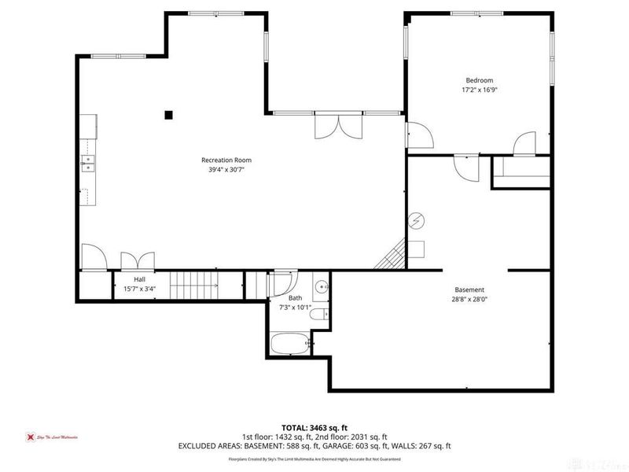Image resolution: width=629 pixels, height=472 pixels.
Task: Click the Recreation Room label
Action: (x=230, y=160)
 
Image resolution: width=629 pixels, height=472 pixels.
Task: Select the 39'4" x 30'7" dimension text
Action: (x=230, y=170)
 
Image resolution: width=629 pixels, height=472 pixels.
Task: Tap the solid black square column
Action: (x=168, y=115)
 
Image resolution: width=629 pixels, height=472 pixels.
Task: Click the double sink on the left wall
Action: (x=87, y=164)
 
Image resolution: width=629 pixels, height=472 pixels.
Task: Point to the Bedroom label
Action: (x=479, y=80)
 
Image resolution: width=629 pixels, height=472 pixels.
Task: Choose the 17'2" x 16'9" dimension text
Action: (x=479, y=90)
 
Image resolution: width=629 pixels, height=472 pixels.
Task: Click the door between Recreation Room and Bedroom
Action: (x=418, y=136)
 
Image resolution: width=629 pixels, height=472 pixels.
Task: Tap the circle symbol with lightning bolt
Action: (x=417, y=220)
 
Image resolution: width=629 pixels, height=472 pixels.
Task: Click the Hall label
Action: (x=139, y=279)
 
